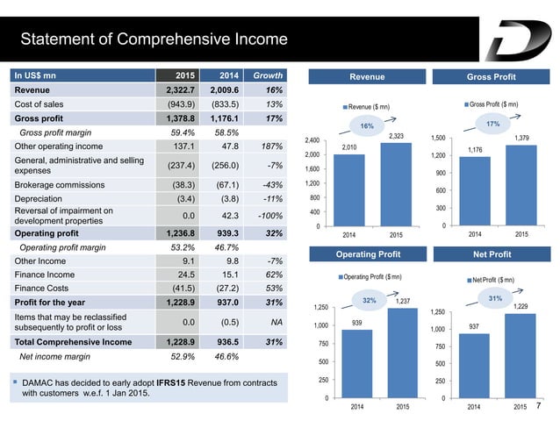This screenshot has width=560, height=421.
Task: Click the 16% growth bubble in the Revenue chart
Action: [x=368, y=126]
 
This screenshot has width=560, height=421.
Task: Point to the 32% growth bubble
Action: [x=370, y=299]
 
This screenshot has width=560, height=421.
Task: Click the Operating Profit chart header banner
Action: [x=369, y=253]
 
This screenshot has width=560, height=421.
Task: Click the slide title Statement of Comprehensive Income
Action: [x=154, y=39]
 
